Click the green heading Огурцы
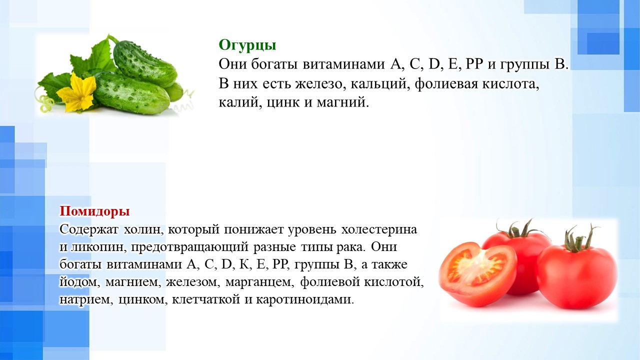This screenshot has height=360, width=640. (247, 45)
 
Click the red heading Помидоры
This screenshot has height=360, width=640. (94, 211)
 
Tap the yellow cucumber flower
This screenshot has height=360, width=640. (77, 91)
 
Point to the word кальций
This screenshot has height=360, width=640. (379, 85)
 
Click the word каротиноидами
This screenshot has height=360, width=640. (304, 299)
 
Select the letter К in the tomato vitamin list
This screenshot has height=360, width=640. (244, 265)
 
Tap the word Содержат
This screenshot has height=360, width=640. (88, 229)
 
